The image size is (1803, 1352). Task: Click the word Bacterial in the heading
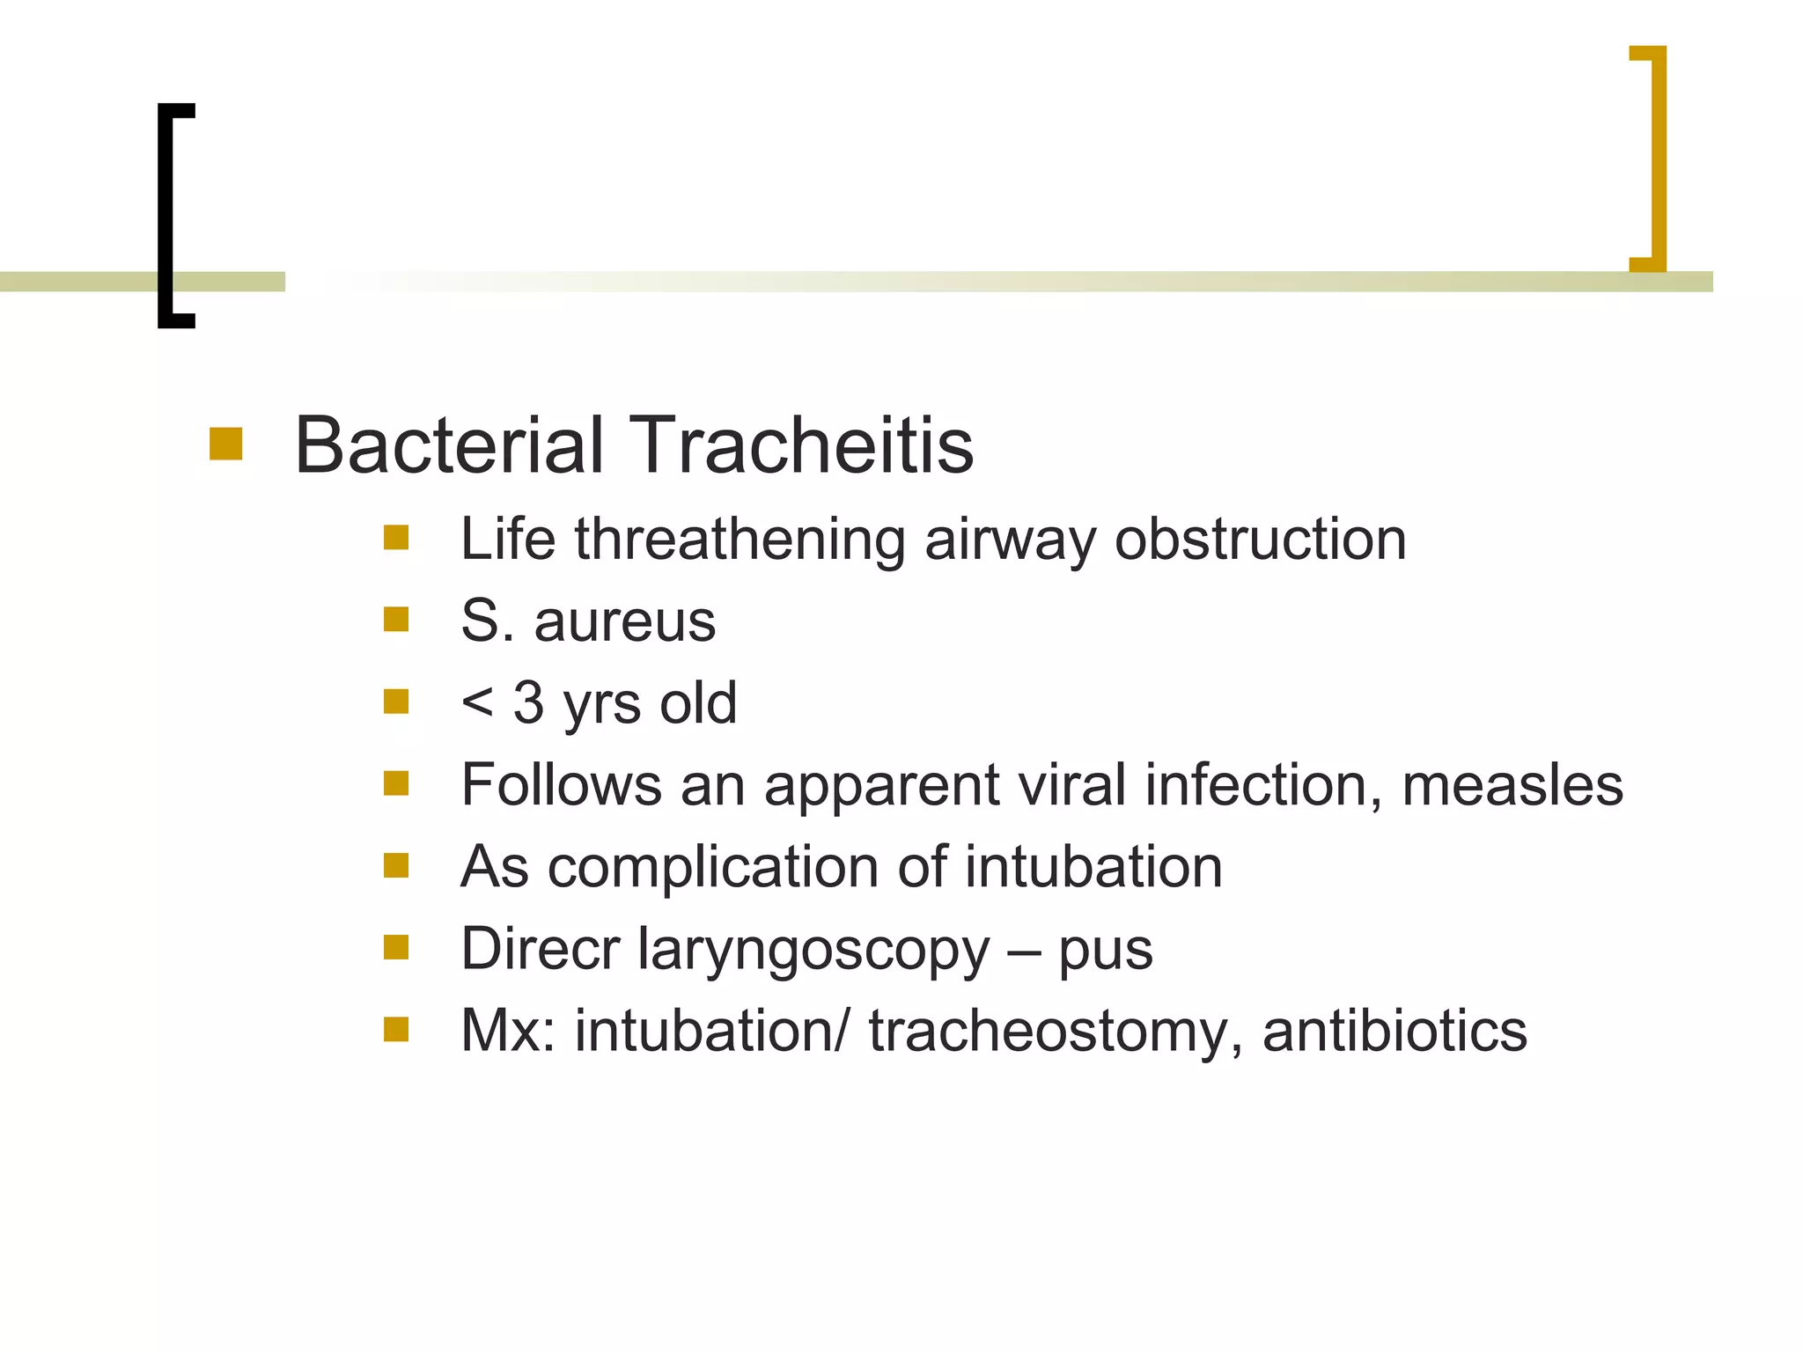click(450, 445)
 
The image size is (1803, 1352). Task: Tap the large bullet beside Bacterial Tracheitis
click(225, 444)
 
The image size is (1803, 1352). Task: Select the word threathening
click(740, 539)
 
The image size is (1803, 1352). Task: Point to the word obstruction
click(1260, 539)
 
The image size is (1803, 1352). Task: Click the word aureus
click(624, 621)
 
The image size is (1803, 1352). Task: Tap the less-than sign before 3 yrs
click(477, 702)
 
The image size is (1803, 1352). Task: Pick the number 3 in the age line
click(528, 702)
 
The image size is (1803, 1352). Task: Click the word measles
click(1512, 784)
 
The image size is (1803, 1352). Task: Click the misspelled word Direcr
click(540, 949)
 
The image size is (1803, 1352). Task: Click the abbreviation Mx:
click(508, 1031)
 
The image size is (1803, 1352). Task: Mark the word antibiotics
click(1395, 1031)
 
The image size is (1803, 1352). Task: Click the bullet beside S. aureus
click(396, 620)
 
